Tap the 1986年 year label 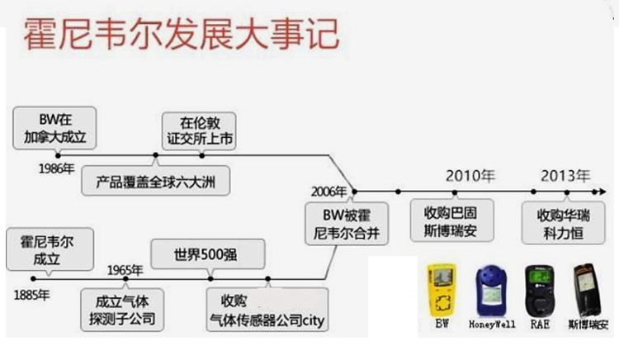pyautogui.click(x=56, y=168)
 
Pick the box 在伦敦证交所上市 pyautogui.click(x=198, y=130)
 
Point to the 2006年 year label pyautogui.click(x=328, y=191)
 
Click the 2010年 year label pyautogui.click(x=470, y=175)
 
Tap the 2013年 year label pyautogui.click(x=565, y=175)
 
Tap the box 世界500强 pyautogui.click(x=196, y=253)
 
